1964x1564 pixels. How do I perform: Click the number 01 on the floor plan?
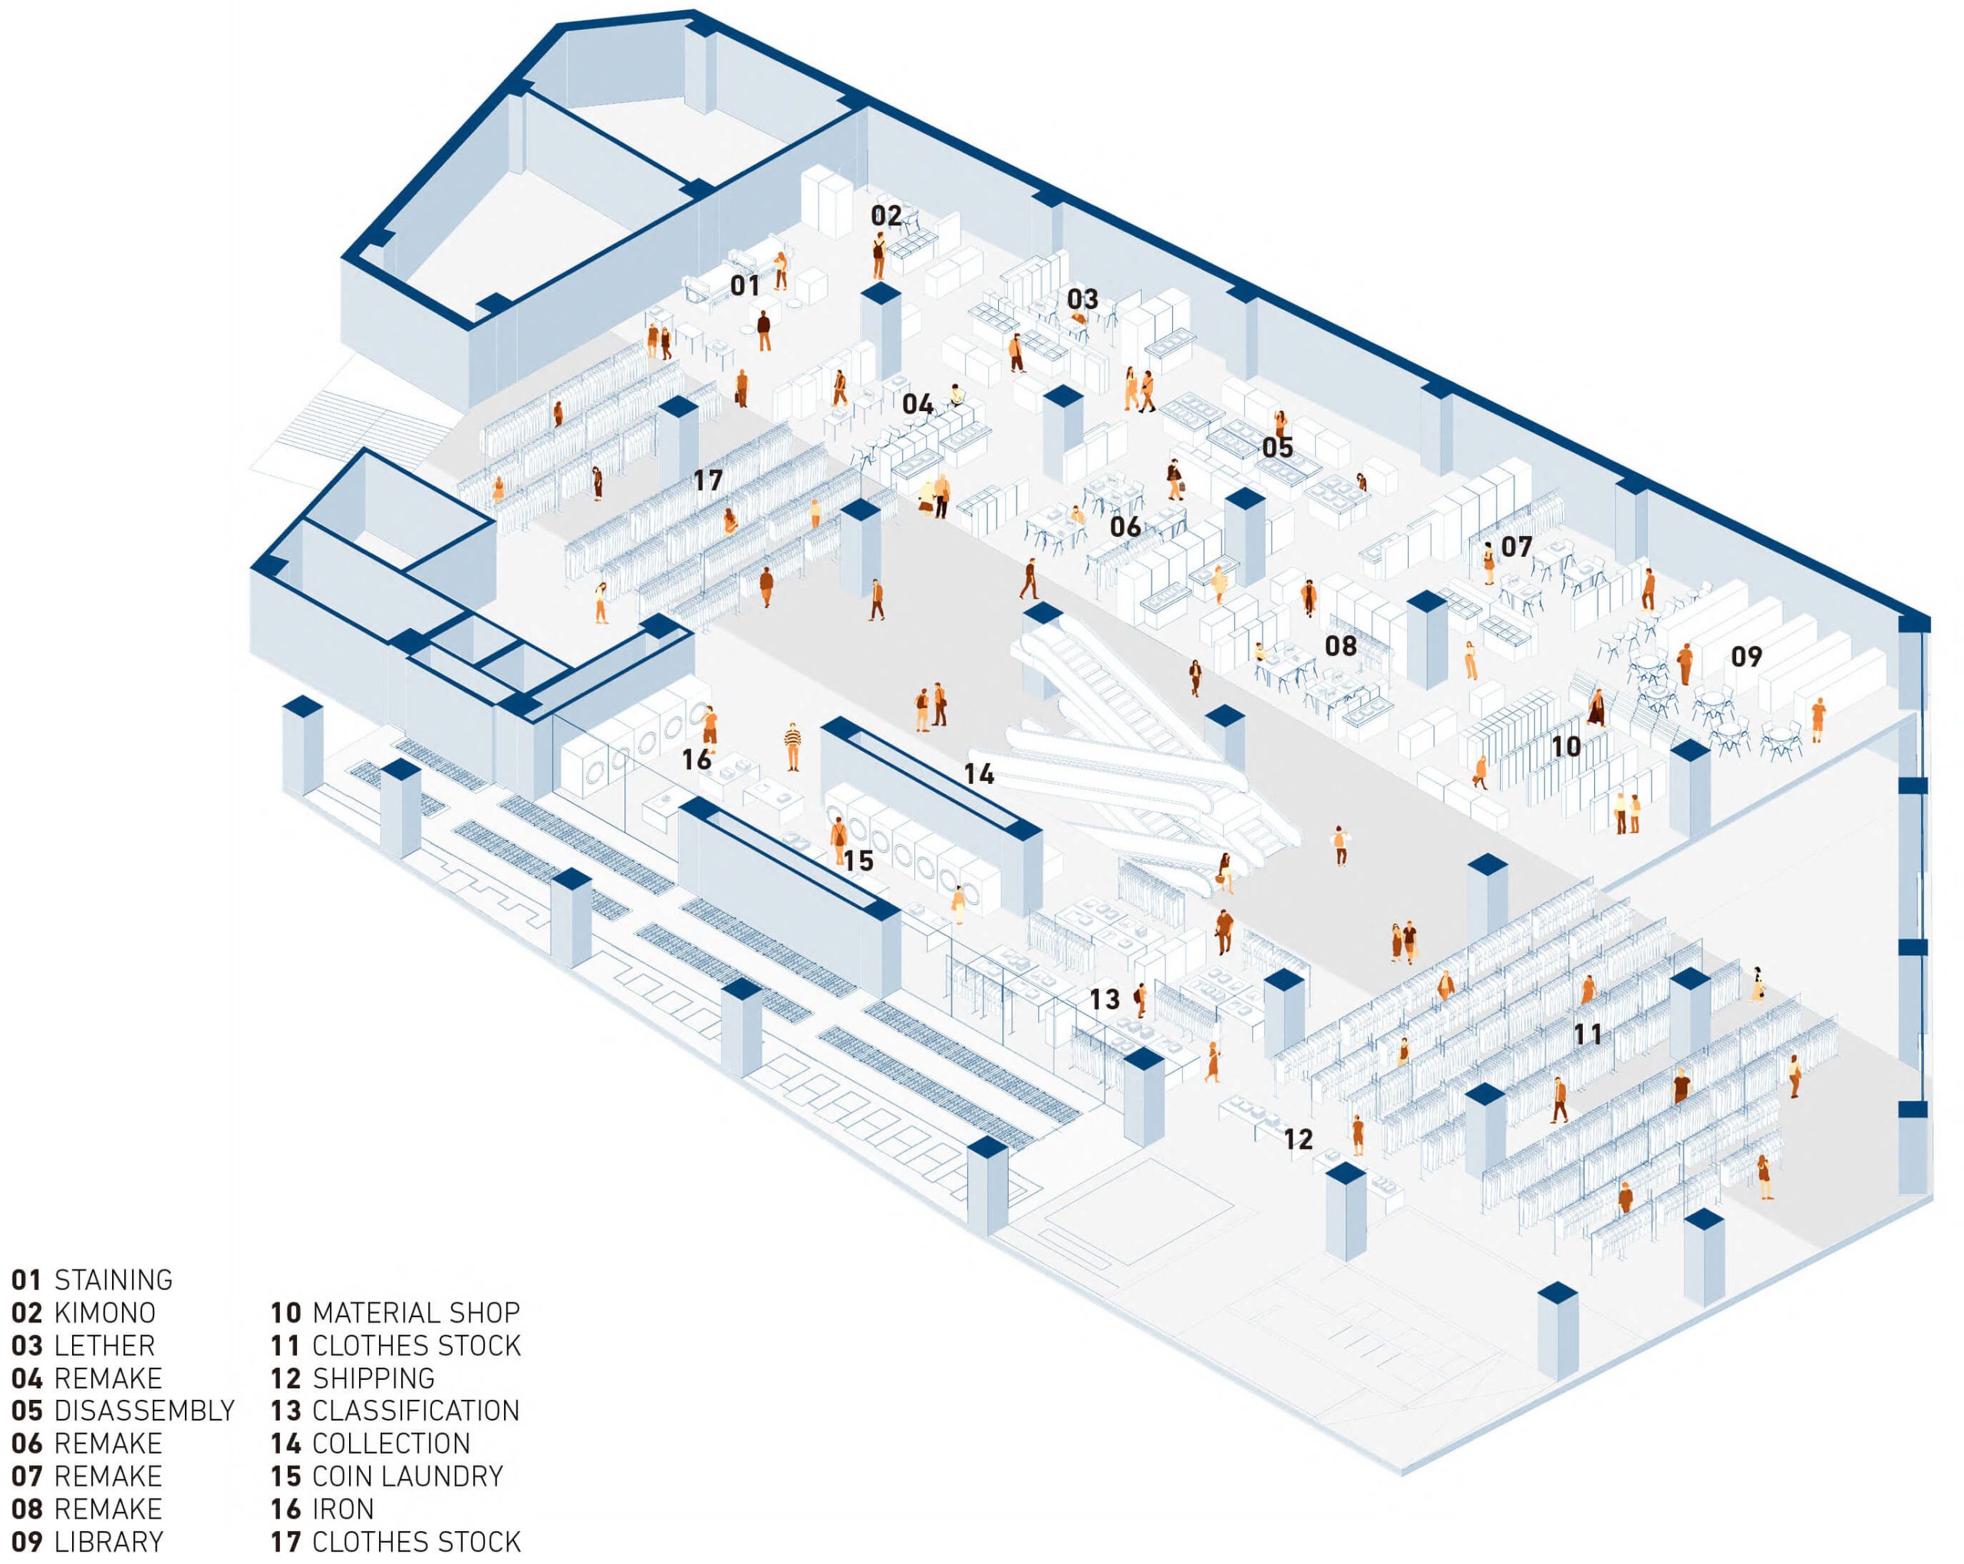tap(744, 286)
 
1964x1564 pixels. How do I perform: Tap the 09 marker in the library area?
tap(1745, 657)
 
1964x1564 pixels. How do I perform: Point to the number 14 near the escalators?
tap(978, 774)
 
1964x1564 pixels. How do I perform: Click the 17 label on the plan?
tap(708, 480)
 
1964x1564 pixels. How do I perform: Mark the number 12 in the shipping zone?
tap(1297, 1138)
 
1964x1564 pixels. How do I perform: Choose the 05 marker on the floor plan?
tap(1277, 447)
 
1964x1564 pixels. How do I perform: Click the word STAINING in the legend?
tap(113, 1279)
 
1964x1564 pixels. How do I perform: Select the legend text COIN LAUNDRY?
tap(407, 1476)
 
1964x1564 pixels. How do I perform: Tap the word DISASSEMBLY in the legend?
tap(144, 1410)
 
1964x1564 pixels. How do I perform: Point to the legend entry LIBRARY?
tap(108, 1541)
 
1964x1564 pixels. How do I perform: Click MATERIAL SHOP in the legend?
tap(415, 1312)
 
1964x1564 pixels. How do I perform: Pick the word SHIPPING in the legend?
tap(373, 1378)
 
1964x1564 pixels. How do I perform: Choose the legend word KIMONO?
tap(105, 1312)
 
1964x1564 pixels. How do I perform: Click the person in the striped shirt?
tap(793, 745)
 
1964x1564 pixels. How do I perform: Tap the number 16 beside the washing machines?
tap(696, 759)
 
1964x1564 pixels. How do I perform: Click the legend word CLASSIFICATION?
tap(415, 1410)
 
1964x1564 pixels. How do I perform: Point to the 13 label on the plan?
tap(1104, 999)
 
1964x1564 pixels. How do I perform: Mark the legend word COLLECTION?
tap(390, 1443)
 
